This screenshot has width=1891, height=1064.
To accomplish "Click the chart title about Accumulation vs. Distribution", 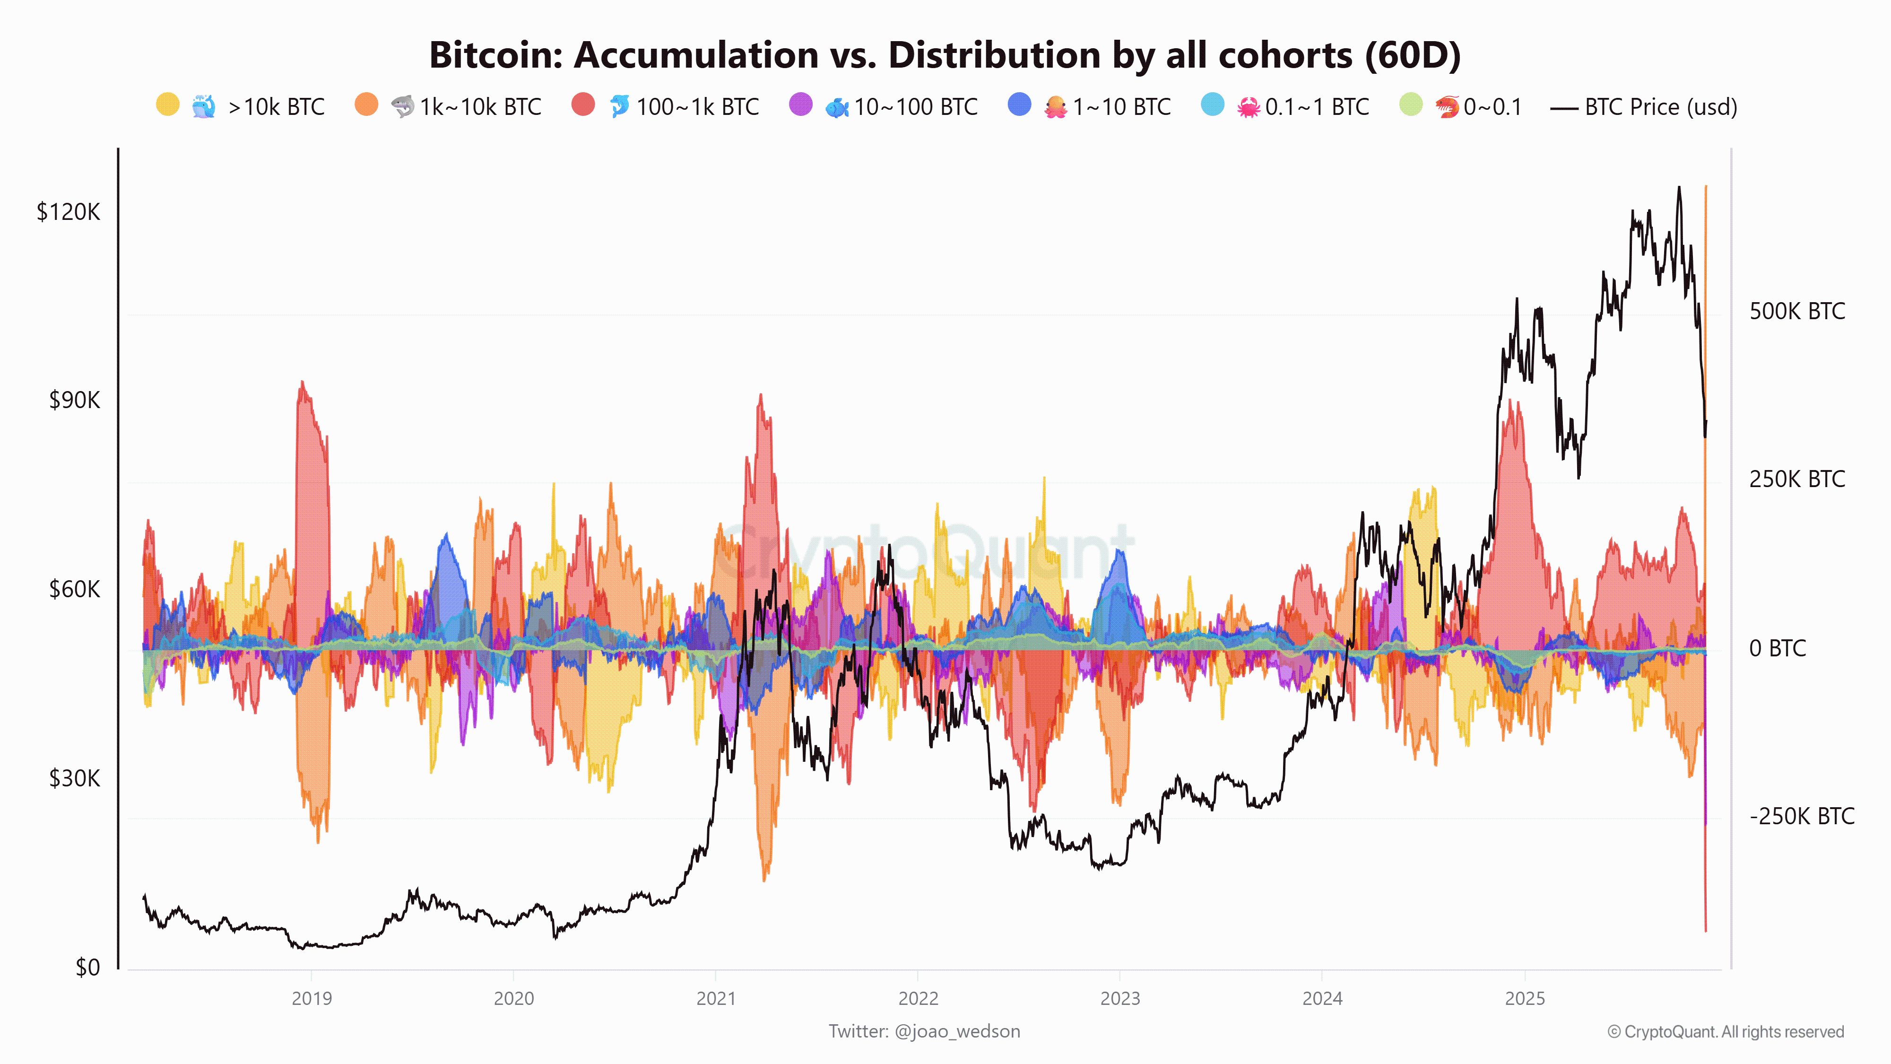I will [x=945, y=55].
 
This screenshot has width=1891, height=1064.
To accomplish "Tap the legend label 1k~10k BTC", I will [x=480, y=107].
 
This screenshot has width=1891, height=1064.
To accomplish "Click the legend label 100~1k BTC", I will [x=697, y=107].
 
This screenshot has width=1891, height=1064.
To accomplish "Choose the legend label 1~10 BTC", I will [x=1121, y=107].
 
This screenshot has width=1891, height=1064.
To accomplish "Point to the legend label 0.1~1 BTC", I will [x=1317, y=107].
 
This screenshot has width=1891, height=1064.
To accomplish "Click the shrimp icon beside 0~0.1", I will [x=1447, y=107].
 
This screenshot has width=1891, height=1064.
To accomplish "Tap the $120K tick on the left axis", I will [x=68, y=212].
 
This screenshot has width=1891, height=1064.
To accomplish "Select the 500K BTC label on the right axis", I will [x=1796, y=311].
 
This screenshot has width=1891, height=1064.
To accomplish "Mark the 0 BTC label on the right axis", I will [x=1777, y=648].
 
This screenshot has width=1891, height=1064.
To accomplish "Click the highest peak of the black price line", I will [x=1679, y=188].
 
